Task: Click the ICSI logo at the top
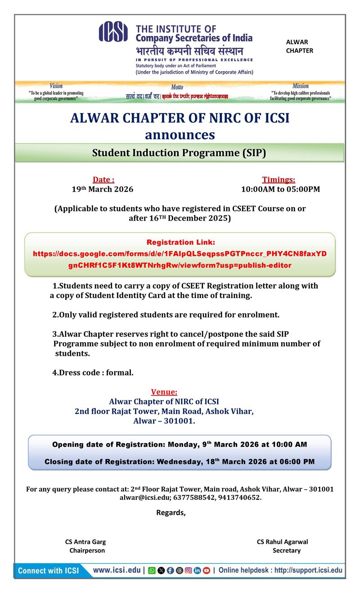[113, 32]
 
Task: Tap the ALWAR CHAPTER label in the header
[300, 46]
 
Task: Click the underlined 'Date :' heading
[103, 180]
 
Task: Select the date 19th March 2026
[103, 189]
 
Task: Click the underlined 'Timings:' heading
[279, 180]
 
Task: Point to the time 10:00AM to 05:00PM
[280, 189]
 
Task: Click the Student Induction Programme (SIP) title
[179, 153]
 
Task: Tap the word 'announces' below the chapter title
[180, 135]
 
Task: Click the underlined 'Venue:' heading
[164, 392]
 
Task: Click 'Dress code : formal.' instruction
[93, 372]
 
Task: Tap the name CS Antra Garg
[85, 542]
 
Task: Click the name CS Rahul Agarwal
[283, 542]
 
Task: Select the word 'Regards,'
[171, 512]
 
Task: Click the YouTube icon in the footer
[207, 570]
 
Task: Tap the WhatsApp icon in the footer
[152, 570]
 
